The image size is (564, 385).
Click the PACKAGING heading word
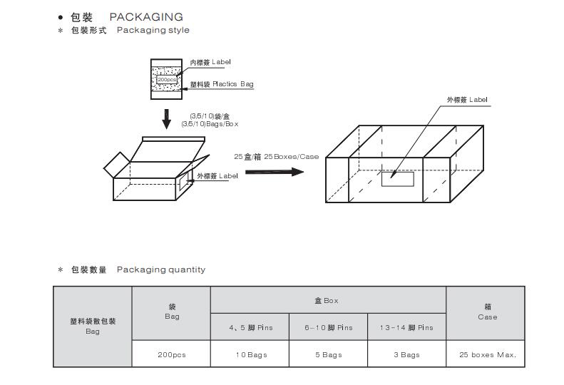145,16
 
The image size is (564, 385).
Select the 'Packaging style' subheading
153,30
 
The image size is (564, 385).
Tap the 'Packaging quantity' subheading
160,269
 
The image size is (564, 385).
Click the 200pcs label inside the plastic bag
166,79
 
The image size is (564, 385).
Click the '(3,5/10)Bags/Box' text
214,124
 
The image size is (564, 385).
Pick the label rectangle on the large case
397,179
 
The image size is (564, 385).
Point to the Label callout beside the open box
217,175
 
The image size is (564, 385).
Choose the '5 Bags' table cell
328,354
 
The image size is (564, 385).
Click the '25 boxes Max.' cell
487,354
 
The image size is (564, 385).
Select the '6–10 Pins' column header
328,328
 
